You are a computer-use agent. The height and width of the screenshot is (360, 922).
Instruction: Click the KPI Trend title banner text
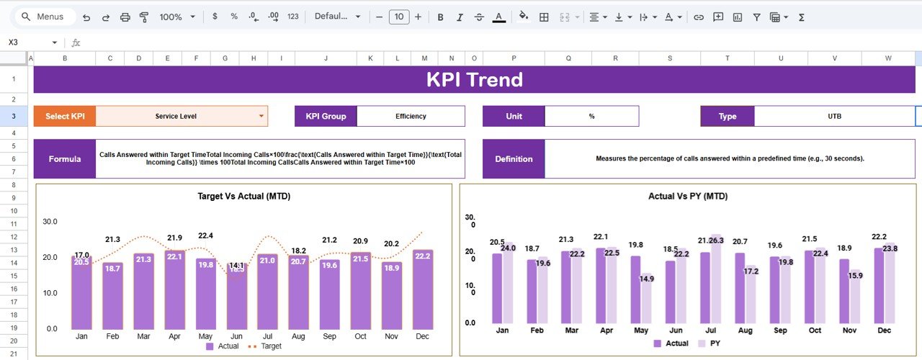pos(474,79)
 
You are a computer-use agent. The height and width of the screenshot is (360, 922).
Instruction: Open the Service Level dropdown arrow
pos(261,116)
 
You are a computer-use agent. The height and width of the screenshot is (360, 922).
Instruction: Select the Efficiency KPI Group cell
pos(411,116)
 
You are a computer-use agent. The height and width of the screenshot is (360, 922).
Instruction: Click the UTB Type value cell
pos(834,116)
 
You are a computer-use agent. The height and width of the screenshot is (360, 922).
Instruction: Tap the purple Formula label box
pos(64,158)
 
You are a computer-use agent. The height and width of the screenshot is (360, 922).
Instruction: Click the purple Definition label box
pos(514,158)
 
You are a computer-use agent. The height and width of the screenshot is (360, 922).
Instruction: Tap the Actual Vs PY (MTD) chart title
pos(687,196)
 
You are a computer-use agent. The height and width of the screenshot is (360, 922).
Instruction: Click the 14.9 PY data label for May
pos(647,279)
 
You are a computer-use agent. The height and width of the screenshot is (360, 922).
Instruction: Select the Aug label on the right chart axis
pos(745,330)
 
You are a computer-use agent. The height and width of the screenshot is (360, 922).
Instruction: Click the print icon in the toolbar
pos(125,17)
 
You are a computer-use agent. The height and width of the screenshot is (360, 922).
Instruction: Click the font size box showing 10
pos(398,17)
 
